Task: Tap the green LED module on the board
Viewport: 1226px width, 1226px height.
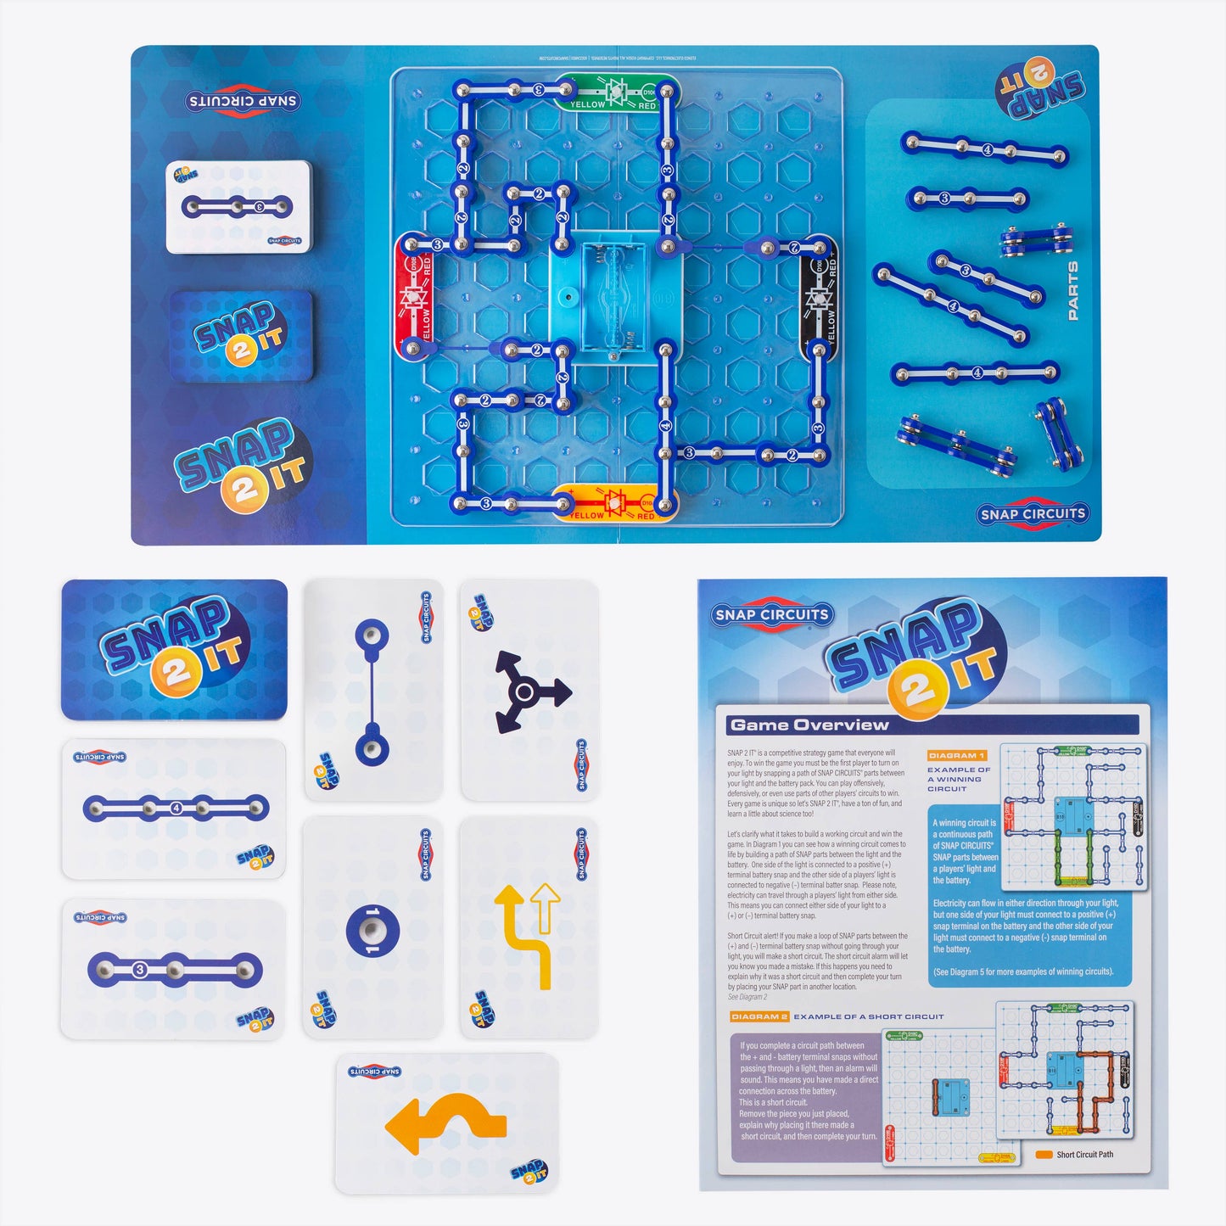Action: tap(617, 92)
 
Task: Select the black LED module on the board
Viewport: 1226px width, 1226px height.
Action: tap(819, 298)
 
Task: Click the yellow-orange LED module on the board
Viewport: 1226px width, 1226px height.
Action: tap(615, 501)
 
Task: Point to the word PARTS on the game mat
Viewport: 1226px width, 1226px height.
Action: tap(1073, 291)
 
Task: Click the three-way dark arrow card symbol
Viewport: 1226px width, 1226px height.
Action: tap(529, 692)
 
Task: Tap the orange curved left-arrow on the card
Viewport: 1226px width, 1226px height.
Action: tap(446, 1123)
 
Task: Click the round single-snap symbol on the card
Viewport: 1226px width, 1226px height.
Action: tap(372, 930)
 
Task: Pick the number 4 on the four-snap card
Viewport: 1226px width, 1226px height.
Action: tap(176, 809)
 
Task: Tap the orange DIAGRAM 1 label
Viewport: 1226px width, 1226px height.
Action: tap(956, 755)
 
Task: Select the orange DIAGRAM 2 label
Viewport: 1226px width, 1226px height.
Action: tap(759, 1016)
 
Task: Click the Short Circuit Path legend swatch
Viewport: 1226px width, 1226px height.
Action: tap(1044, 1155)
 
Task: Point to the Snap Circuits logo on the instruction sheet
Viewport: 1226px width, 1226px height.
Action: tap(771, 615)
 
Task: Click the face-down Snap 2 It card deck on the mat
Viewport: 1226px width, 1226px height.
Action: tap(242, 335)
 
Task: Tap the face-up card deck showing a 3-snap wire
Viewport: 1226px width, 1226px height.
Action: tap(238, 206)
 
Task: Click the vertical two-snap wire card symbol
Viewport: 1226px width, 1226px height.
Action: tap(372, 691)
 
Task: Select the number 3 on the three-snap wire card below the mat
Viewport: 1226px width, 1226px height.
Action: tap(140, 970)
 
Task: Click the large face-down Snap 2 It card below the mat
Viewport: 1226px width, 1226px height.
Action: tap(174, 650)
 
